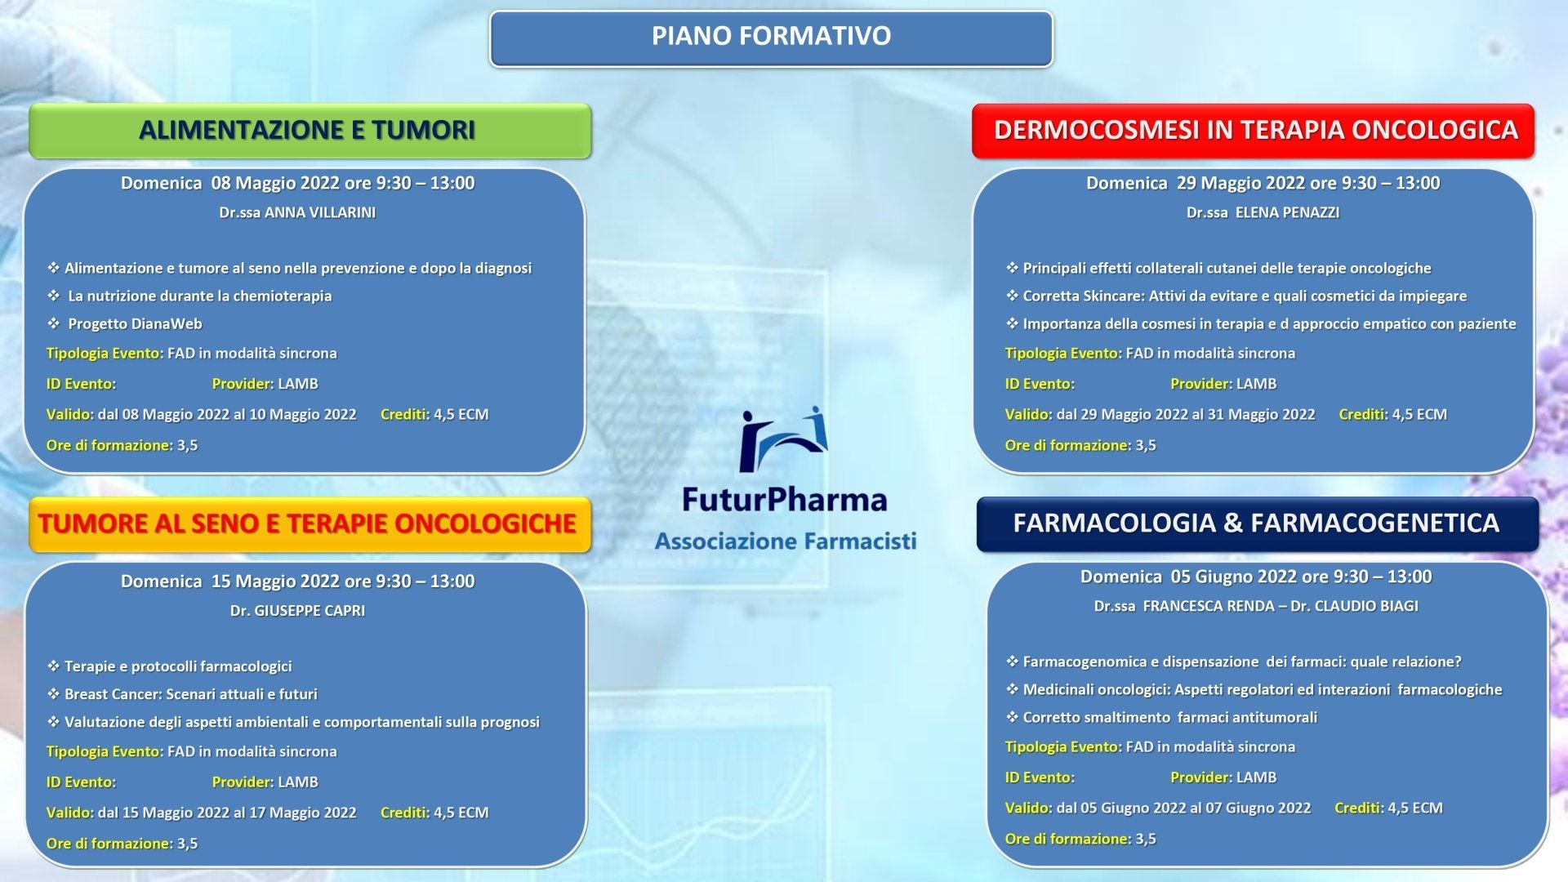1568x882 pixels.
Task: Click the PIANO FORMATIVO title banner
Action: tap(771, 38)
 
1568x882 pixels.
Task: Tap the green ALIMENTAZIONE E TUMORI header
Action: tap(310, 131)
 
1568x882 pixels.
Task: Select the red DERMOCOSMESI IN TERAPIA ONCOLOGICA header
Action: tap(1254, 131)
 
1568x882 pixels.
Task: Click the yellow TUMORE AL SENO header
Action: tap(310, 524)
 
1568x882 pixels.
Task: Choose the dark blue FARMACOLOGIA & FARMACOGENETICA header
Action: tap(1258, 524)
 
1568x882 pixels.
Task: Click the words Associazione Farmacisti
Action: tap(786, 541)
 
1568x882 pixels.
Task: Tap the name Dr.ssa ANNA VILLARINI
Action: tap(297, 212)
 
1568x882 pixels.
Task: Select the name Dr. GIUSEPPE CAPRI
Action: tap(297, 611)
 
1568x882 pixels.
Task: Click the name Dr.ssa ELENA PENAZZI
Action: tap(1263, 212)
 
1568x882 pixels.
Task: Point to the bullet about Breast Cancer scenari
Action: tap(182, 694)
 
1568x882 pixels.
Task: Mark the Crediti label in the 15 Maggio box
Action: tap(404, 813)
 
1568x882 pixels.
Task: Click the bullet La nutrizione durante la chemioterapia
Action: tap(189, 296)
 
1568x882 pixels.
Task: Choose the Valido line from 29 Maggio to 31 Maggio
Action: tap(1160, 415)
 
